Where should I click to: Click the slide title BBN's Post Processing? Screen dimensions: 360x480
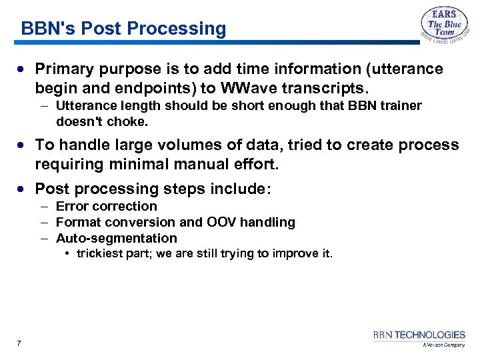tap(123, 29)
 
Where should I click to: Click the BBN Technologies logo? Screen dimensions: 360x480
tap(419, 337)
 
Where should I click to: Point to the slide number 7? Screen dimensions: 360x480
tap(19, 343)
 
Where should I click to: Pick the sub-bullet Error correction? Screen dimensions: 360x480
tap(106, 206)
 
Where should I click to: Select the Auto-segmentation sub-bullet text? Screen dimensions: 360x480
tap(116, 238)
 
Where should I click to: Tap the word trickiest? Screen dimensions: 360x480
tap(99, 253)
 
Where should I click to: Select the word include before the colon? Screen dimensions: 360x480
tap(238, 189)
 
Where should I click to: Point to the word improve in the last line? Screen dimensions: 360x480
tap(290, 253)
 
